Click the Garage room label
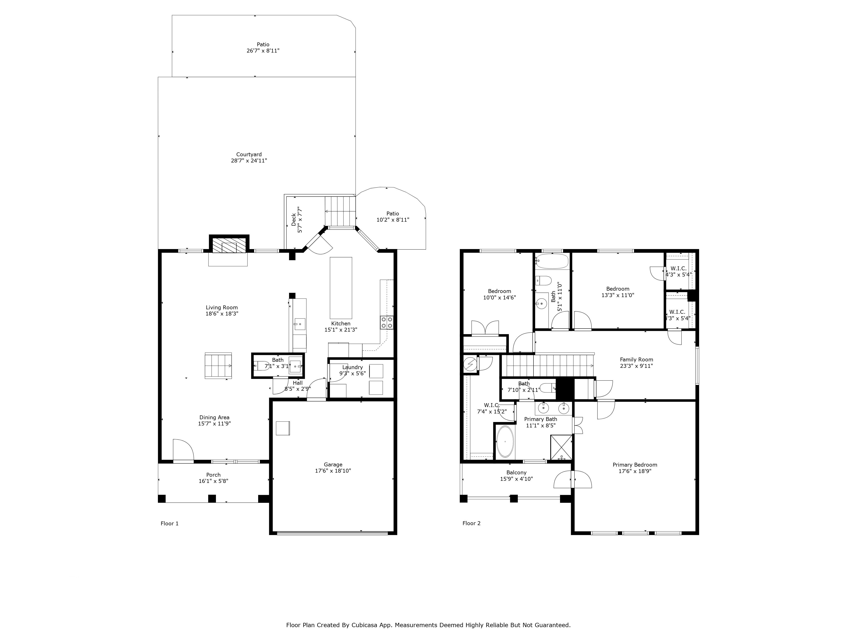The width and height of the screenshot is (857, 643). (x=333, y=464)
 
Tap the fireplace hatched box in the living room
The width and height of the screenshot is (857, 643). (x=229, y=245)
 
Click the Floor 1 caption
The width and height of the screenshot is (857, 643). (x=169, y=523)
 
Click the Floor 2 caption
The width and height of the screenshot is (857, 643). (x=471, y=523)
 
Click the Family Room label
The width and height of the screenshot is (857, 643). (x=636, y=359)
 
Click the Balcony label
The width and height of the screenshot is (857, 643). (x=516, y=472)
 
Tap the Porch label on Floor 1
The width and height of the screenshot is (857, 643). (x=213, y=475)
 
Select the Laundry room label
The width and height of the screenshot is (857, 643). (x=352, y=367)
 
